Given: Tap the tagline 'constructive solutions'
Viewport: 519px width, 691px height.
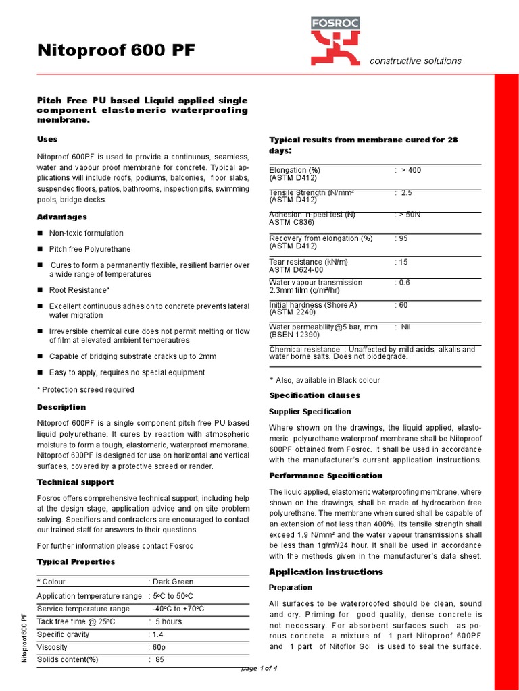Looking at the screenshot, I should click(415, 61).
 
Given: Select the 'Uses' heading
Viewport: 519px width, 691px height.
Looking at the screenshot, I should click(47, 139).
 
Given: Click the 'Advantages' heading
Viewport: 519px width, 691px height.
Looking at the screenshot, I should click(61, 217).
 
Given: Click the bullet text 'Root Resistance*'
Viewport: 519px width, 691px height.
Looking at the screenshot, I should click(79, 290).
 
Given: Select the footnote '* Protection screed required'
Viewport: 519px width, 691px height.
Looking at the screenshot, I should click(85, 389).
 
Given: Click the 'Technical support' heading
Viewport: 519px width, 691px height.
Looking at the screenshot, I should click(74, 482).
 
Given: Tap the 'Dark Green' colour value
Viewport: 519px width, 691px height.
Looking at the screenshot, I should click(173, 582).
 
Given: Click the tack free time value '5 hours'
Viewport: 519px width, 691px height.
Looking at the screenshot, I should click(168, 621).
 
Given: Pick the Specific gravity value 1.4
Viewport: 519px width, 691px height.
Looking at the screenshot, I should click(157, 634).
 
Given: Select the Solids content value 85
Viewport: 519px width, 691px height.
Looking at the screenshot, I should click(159, 659).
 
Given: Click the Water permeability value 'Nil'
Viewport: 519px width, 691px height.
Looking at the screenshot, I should click(405, 327).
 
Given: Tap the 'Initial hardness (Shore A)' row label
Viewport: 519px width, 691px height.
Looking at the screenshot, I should click(313, 305).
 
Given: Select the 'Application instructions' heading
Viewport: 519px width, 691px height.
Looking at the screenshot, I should click(326, 572).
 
